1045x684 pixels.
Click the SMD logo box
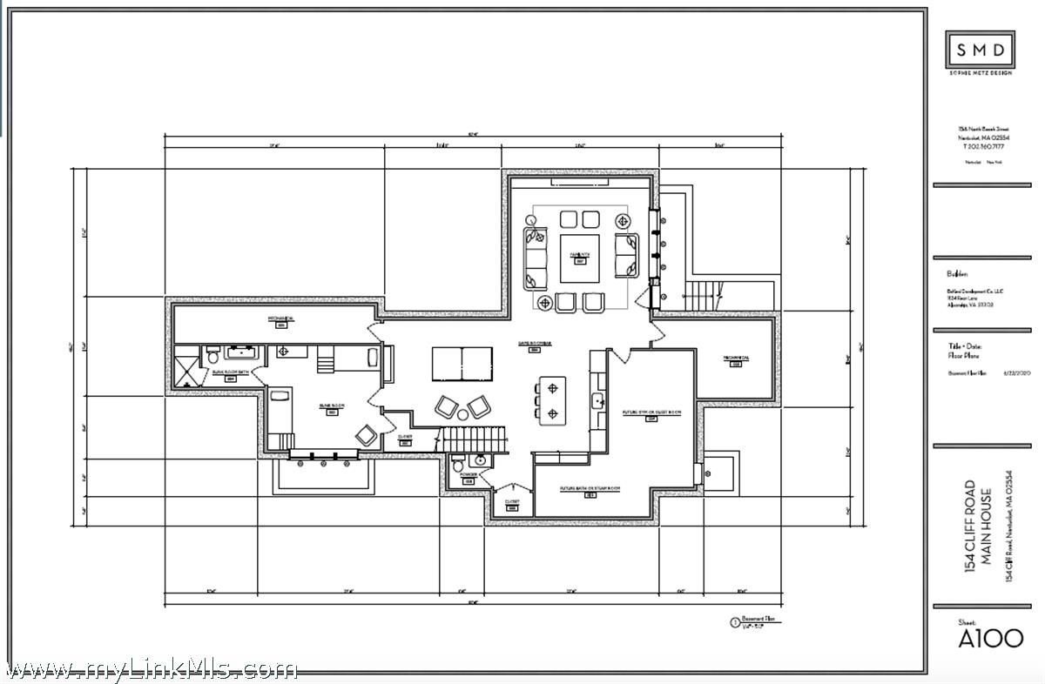pos(980,49)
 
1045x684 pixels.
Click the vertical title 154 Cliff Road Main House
pos(980,529)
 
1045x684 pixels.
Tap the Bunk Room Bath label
pos(230,374)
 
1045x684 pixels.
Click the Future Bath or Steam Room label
pos(590,491)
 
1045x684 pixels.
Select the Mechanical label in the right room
pos(735,360)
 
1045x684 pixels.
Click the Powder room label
pos(468,477)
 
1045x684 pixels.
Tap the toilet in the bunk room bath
pos(212,357)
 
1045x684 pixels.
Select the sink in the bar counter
pos(598,400)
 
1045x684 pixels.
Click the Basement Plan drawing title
pos(758,620)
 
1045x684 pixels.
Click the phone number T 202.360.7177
pos(980,146)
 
